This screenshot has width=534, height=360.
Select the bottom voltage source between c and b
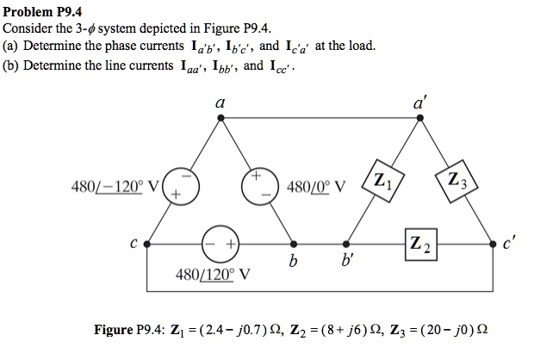coord(220,243)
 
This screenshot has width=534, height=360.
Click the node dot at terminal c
coord(148,243)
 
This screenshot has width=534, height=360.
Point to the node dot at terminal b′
coord(346,243)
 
